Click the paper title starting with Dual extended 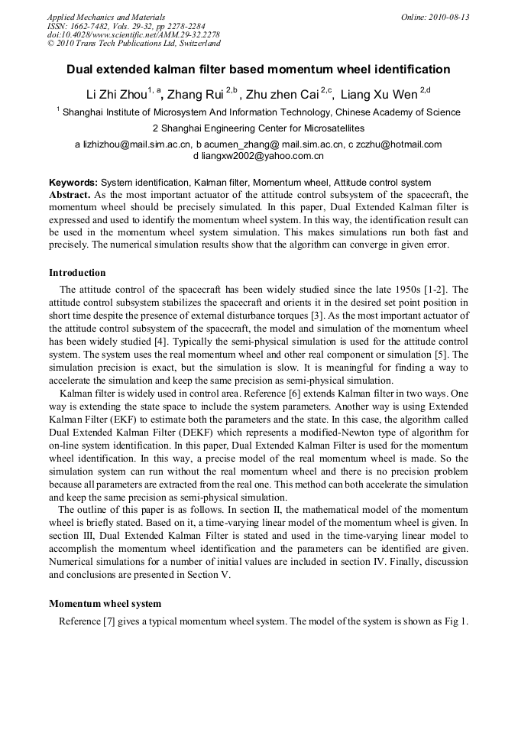point(258,70)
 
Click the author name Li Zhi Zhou point(116,95)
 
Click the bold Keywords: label point(73,183)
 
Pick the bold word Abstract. point(69,195)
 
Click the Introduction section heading point(77,273)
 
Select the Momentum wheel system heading point(105,603)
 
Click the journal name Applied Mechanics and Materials point(105,17)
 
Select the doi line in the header point(133,35)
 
